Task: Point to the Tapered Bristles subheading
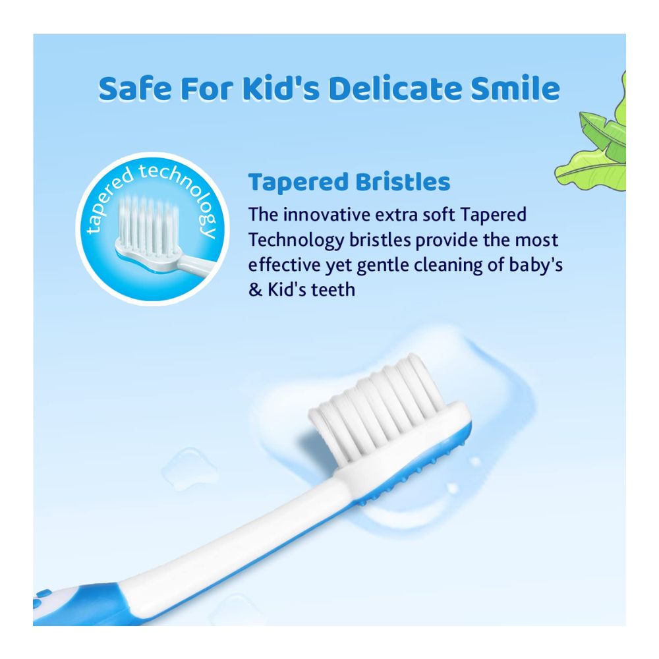[x=349, y=182]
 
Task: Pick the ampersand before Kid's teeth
[x=256, y=289]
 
